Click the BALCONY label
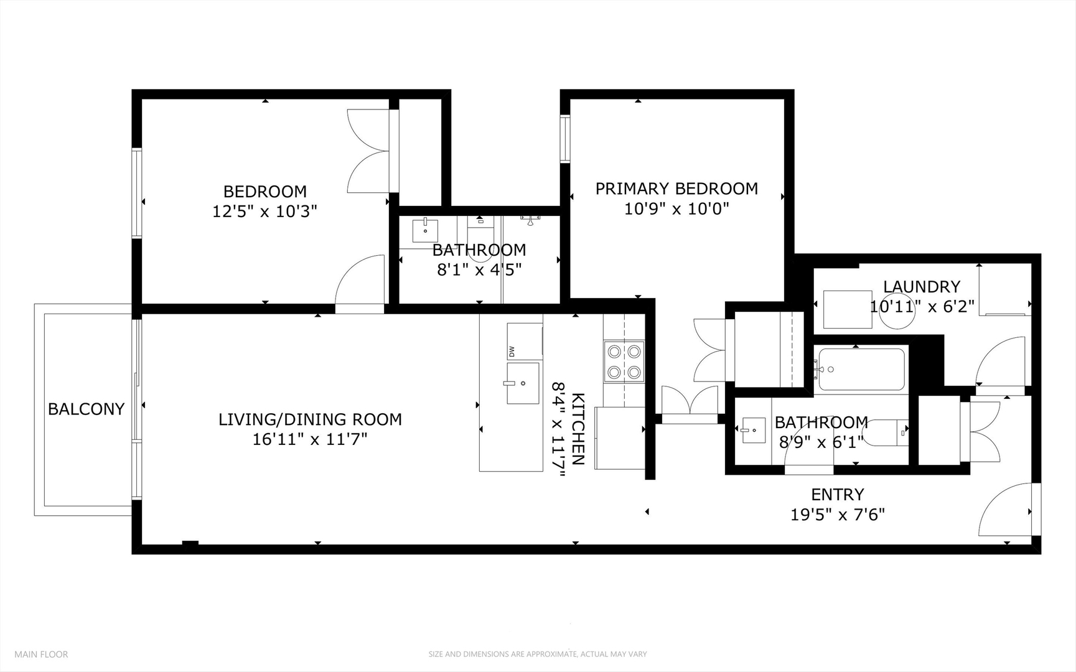pos(87,409)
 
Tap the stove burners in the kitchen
pos(624,362)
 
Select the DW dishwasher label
pos(512,352)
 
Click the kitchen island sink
pos(523,383)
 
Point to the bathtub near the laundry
pos(861,369)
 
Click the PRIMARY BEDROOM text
pos(676,189)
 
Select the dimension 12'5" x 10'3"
pos(264,212)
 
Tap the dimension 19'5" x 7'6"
pos(837,515)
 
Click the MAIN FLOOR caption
pos(41,654)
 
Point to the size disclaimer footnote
pos(538,654)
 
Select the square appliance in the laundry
pos(848,309)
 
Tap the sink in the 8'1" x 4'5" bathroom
pos(425,231)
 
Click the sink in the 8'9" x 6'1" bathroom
pos(753,430)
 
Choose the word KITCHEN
pos(578,429)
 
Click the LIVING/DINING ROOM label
pos(310,419)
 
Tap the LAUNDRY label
pos(922,287)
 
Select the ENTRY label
pos(837,495)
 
